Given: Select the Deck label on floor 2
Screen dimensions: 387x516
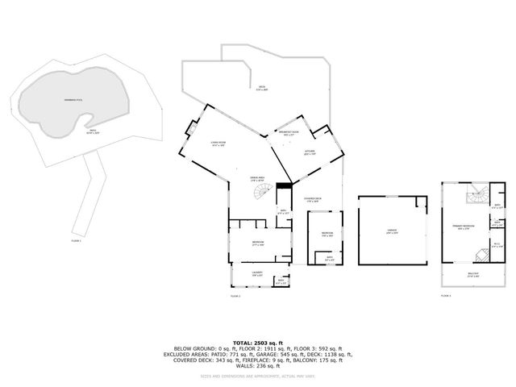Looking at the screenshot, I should [262, 88].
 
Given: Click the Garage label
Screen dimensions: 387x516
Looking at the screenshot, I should [392, 231].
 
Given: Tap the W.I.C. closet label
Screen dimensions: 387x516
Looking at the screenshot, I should [497, 245].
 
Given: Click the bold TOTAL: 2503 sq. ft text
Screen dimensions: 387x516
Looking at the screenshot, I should [257, 342].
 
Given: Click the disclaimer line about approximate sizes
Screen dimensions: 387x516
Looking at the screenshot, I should [257, 377].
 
